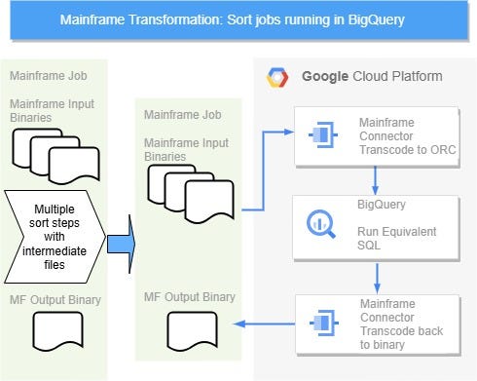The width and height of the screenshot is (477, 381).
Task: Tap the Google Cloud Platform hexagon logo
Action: coord(279,76)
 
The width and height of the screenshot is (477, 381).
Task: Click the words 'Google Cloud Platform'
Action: coord(371,76)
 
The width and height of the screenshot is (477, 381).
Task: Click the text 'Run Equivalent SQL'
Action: coord(397,239)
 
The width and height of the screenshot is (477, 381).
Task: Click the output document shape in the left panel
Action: coord(56,332)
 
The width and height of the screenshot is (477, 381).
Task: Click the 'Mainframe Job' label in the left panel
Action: coord(45,75)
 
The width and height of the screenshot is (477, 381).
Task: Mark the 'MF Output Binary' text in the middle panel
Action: coord(189,295)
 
